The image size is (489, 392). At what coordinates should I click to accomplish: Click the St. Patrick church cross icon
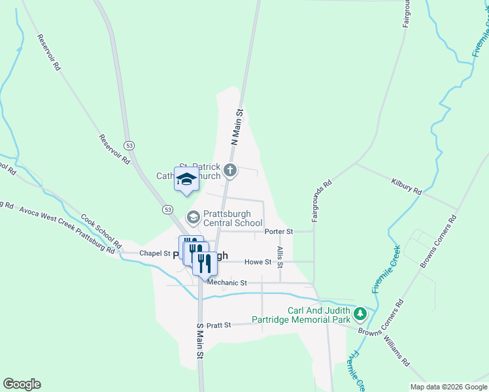(x=229, y=171)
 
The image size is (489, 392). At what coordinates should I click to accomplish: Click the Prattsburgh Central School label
(x=233, y=216)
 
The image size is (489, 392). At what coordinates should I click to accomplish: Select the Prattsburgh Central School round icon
(x=194, y=216)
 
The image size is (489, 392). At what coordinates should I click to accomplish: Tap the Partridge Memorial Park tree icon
(x=360, y=316)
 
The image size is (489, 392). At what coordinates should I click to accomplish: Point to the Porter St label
(x=278, y=231)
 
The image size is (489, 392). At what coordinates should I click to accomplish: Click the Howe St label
(x=258, y=262)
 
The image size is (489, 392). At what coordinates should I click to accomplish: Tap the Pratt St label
(x=219, y=325)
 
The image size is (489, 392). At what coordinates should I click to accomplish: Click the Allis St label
(x=279, y=257)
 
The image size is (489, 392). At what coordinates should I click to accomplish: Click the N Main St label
(x=237, y=127)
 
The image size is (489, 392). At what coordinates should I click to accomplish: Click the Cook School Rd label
(x=101, y=231)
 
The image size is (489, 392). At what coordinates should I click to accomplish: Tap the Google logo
(x=22, y=384)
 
